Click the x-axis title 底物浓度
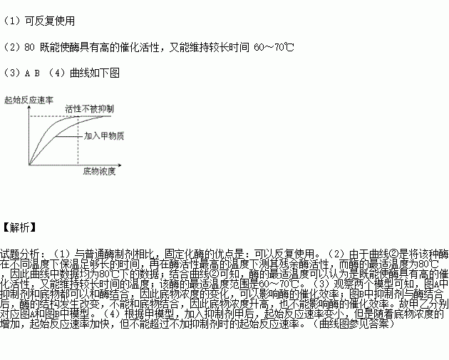pyautogui.click(x=99, y=172)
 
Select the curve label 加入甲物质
pyautogui.click(x=104, y=135)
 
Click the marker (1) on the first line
pyautogui.click(x=11, y=21)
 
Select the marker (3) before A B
pyautogui.click(x=11, y=73)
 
